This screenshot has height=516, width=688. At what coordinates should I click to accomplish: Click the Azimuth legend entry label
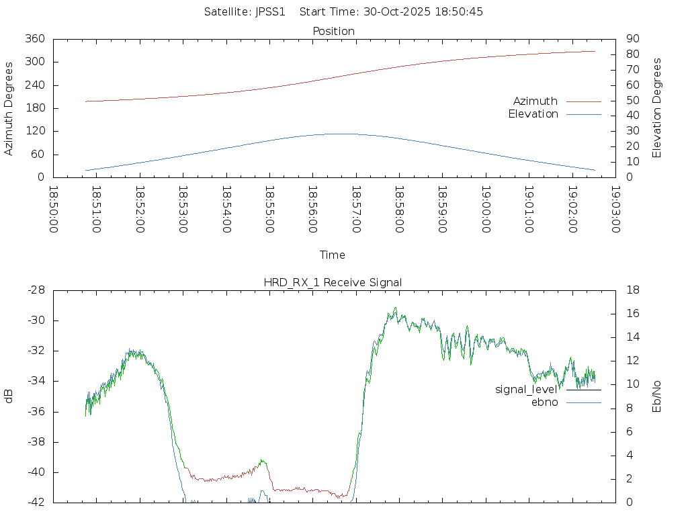(x=535, y=101)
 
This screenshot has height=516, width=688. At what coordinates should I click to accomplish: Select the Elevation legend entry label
(x=533, y=114)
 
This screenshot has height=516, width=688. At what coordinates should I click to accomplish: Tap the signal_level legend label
(x=526, y=390)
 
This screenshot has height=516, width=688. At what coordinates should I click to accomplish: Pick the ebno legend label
(x=544, y=402)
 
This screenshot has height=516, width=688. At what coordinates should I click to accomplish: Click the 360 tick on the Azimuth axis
(x=34, y=39)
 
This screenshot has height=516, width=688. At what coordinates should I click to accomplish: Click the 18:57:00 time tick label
(x=355, y=210)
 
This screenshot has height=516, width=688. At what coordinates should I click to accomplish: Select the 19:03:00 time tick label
(x=615, y=210)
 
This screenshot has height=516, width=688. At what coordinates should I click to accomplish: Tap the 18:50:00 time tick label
(x=53, y=210)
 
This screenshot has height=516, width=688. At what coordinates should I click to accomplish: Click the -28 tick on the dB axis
(x=35, y=290)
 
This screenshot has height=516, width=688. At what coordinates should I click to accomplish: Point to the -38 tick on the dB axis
(x=35, y=442)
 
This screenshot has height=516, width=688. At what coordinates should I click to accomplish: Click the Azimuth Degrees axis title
(x=9, y=108)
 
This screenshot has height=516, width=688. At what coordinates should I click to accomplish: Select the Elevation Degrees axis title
(x=657, y=108)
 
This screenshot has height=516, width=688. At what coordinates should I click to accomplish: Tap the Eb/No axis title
(x=657, y=396)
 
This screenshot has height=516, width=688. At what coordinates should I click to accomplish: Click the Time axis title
(x=333, y=255)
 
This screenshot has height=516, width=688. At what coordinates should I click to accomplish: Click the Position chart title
(x=333, y=31)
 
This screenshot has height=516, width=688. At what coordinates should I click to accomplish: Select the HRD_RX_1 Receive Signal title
(x=333, y=282)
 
